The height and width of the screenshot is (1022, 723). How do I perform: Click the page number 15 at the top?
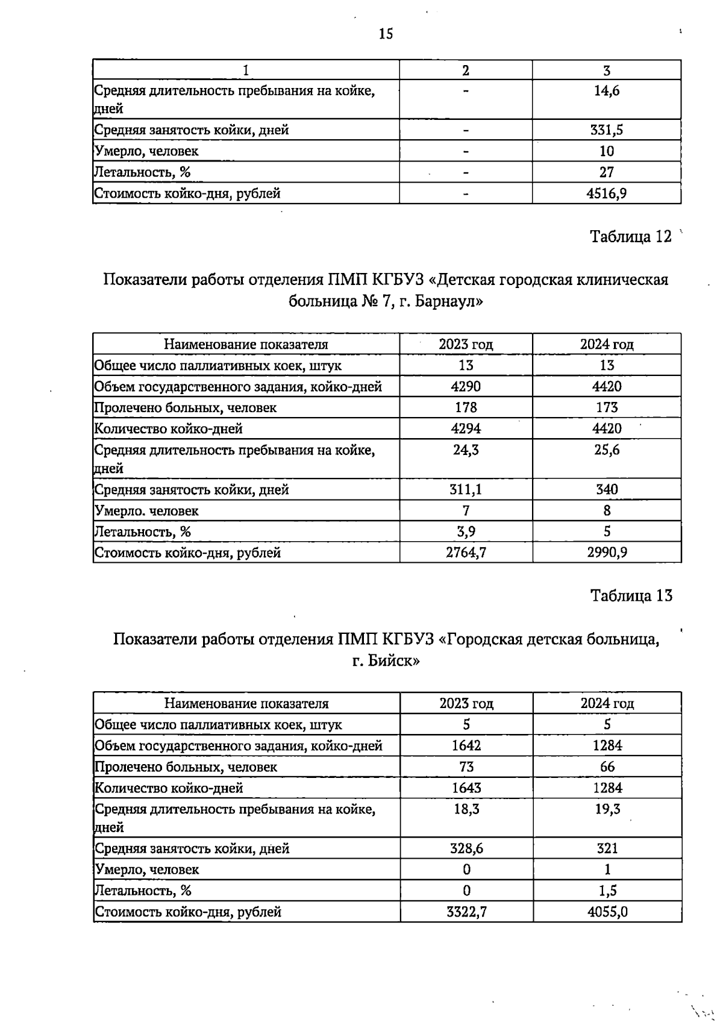click(386, 34)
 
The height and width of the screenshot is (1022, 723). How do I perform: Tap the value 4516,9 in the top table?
click(607, 193)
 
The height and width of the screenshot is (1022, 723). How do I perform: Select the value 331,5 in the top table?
click(607, 130)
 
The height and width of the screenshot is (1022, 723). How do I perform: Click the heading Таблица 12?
click(631, 237)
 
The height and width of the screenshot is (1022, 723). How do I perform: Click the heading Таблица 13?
click(631, 596)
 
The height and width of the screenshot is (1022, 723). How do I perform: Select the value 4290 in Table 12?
click(466, 387)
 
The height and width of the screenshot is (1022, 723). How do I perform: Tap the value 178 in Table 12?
click(466, 408)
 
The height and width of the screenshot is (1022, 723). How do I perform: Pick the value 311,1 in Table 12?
click(466, 489)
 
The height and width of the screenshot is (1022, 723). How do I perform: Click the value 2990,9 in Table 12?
click(607, 553)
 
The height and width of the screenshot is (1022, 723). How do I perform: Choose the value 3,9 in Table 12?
click(466, 531)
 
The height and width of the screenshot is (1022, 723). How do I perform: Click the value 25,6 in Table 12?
click(607, 450)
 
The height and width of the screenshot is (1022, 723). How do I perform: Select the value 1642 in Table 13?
click(466, 746)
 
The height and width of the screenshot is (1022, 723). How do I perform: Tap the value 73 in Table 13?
click(466, 767)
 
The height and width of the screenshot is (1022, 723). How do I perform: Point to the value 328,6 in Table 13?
click(466, 848)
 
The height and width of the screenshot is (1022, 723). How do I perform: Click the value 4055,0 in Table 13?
click(607, 912)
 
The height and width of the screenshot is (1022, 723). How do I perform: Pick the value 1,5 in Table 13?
click(607, 891)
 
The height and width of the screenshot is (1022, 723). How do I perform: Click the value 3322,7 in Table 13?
click(466, 912)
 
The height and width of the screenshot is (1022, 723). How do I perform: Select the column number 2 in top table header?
click(466, 71)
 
